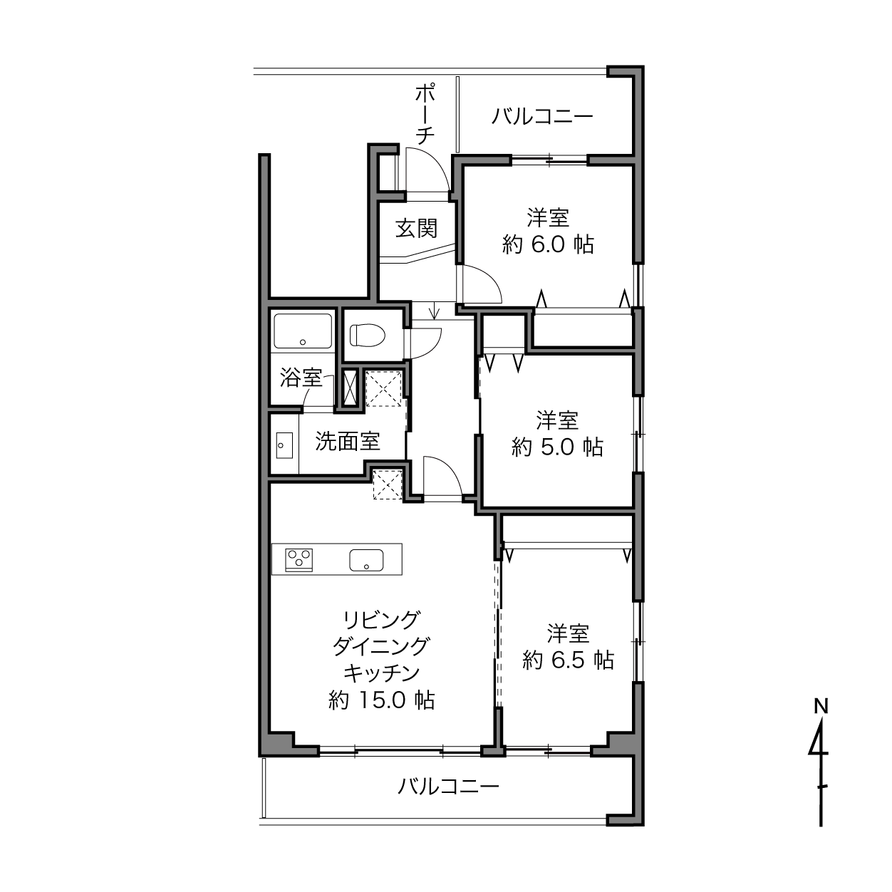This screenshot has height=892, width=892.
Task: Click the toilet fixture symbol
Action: point(368,334)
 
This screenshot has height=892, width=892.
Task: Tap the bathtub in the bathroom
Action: point(303,331)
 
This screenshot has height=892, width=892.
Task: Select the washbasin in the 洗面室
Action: point(284,445)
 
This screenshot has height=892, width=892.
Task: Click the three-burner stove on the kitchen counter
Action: point(299,560)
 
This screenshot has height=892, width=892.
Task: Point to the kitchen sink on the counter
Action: point(366,560)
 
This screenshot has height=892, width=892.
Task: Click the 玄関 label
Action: point(416,228)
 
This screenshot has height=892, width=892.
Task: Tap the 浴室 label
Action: point(301,378)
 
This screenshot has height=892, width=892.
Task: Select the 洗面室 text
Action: point(348,441)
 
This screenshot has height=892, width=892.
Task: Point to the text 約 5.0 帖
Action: point(557,447)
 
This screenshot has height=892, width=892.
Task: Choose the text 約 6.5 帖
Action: point(568,660)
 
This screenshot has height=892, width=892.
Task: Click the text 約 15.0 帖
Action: point(381,700)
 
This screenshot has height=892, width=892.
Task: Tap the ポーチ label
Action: point(425,114)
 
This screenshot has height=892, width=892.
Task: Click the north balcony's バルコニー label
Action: point(542,115)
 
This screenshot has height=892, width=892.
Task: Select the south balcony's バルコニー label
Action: point(449,786)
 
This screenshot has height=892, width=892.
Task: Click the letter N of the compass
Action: point(821,706)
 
